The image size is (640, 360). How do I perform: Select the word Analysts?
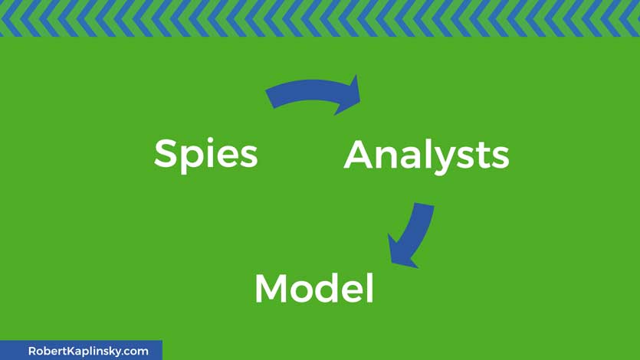(426, 156)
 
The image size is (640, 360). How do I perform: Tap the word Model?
(314, 288)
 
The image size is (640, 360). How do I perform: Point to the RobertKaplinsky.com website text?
(88, 351)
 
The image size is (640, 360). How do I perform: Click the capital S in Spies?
(166, 153)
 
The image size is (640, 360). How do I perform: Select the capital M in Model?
(271, 288)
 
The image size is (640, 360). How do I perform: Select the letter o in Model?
(305, 291)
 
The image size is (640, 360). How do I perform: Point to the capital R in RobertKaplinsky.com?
(32, 351)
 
